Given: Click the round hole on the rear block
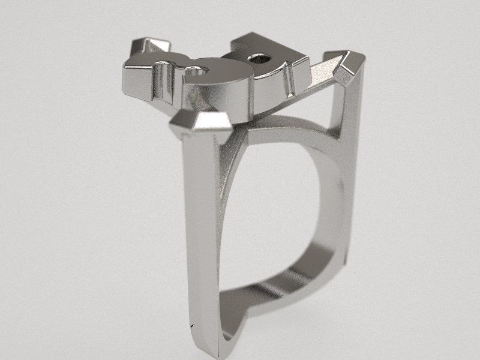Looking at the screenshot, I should click(x=260, y=59).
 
